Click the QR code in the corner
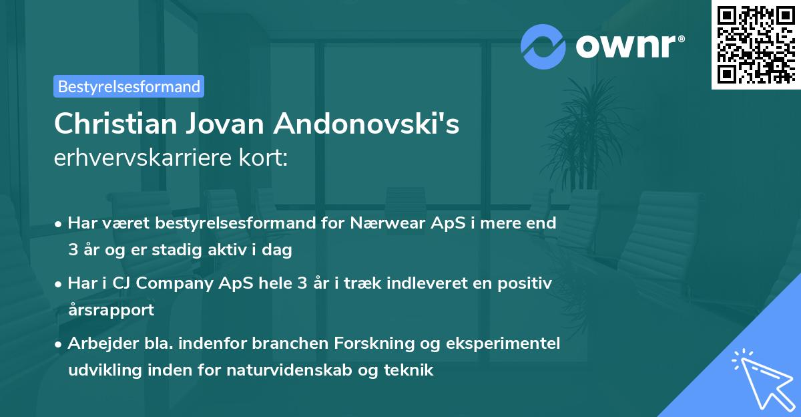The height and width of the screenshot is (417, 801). coord(756,45)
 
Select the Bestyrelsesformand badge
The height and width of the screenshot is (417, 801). coord(129,86)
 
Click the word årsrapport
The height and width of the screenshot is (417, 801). coord(111,310)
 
